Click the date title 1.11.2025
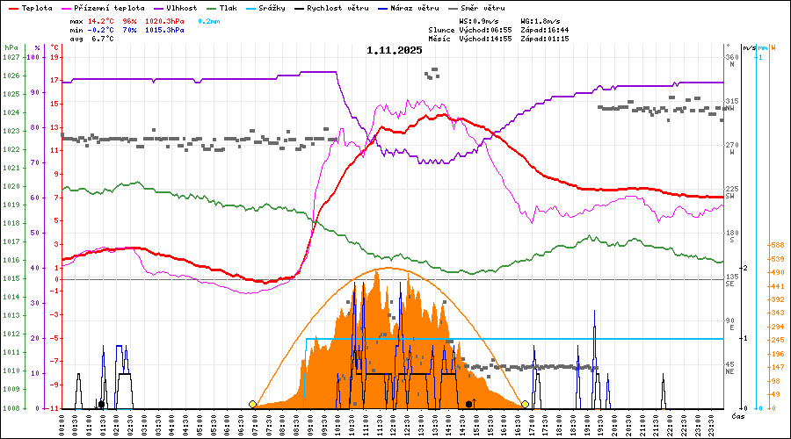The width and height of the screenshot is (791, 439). (395, 50)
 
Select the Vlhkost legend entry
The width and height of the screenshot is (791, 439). (179, 8)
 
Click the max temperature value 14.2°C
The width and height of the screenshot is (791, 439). (100, 20)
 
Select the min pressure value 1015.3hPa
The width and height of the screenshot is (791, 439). (164, 30)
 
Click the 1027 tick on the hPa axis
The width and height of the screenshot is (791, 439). (11, 57)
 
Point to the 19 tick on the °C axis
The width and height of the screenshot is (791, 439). (54, 57)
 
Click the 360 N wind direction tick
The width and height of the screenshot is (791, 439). (731, 59)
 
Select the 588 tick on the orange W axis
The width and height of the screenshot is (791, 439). (776, 245)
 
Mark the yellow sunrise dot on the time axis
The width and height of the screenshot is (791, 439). (253, 404)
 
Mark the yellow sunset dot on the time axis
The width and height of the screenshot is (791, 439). (525, 404)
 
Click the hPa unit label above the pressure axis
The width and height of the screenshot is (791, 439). (11, 47)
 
